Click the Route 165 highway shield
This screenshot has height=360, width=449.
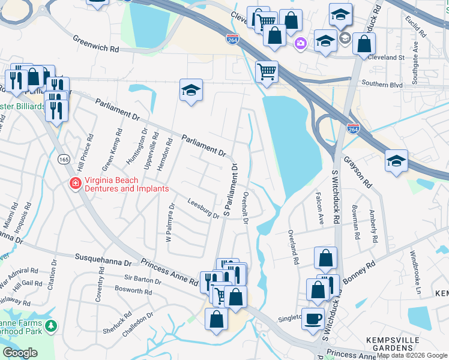coord(63,159)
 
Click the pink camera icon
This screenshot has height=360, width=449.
coord(300,43)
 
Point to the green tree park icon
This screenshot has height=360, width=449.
coord(52,326)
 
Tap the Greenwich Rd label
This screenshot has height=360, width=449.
coord(97,43)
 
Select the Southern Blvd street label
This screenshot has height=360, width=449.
coord(381,85)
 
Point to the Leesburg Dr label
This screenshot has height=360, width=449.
coord(203,209)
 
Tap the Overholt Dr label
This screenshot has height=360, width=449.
coord(245,208)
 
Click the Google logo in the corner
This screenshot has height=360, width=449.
coord(20,352)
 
